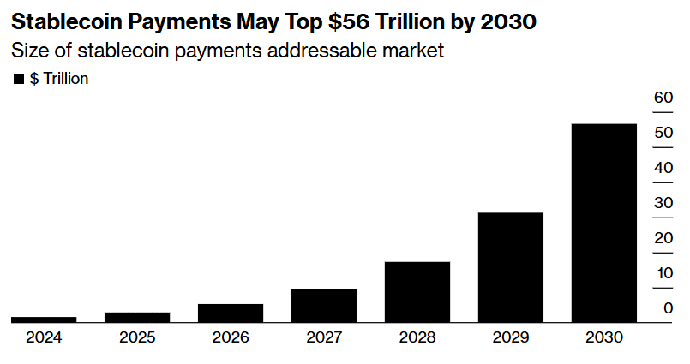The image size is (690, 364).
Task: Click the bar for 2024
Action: (44, 319)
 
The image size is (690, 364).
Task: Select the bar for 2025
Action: (137, 317)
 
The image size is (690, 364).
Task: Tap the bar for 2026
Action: (231, 313)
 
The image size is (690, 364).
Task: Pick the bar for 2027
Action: (324, 305)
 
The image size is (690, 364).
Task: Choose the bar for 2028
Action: (417, 291)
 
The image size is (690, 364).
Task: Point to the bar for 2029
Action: (511, 266)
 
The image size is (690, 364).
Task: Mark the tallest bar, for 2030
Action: (604, 223)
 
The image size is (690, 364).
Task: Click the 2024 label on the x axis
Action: (44, 337)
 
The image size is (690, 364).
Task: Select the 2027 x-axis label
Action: (324, 337)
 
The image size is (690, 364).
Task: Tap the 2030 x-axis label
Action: (604, 337)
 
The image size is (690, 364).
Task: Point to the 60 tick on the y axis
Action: (663, 98)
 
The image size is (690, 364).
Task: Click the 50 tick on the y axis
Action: (663, 133)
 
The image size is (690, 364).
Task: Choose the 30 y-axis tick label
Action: (663, 203)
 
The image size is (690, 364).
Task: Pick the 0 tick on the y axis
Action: (668, 308)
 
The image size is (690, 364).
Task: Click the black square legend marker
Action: (19, 80)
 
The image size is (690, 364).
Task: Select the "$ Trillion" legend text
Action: (59, 80)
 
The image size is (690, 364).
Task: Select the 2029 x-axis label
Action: (511, 337)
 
